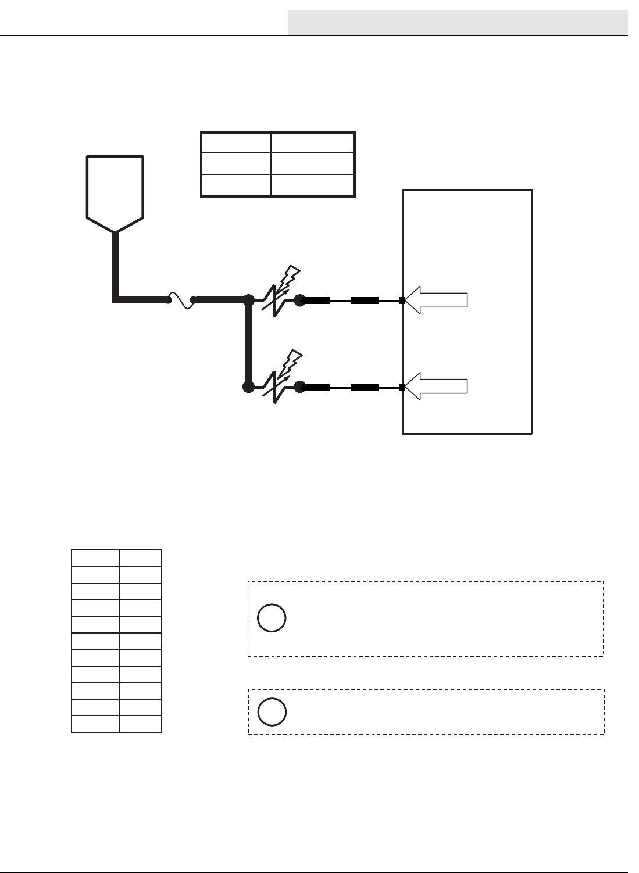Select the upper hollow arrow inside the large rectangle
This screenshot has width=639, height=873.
437,300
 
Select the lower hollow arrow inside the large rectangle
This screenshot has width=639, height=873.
437,388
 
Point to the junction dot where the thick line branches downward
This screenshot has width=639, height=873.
248,300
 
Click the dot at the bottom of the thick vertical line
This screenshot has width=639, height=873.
248,387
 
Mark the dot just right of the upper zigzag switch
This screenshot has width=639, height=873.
299,300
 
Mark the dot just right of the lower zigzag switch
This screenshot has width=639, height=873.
299,387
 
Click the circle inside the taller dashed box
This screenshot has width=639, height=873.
272,618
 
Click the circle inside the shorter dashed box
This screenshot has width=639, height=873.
272,712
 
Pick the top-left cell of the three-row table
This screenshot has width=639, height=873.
235,143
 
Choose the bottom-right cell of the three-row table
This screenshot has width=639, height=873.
313,185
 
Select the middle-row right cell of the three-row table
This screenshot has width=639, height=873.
313,164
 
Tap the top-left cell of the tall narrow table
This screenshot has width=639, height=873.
95,558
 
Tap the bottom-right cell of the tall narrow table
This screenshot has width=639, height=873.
141,724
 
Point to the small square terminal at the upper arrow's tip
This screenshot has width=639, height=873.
402,300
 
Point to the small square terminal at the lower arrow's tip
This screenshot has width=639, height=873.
402,388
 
